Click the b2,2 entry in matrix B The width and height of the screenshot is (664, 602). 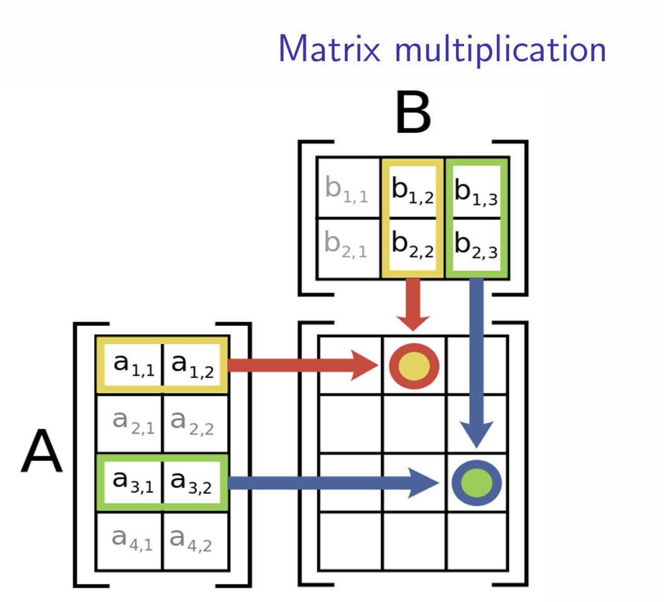[412, 246]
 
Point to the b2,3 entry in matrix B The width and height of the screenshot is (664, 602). [477, 246]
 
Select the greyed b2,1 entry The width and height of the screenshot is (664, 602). [347, 246]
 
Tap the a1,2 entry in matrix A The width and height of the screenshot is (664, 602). [192, 364]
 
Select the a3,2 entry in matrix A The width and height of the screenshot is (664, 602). [192, 482]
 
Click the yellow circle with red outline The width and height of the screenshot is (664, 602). [414, 366]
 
